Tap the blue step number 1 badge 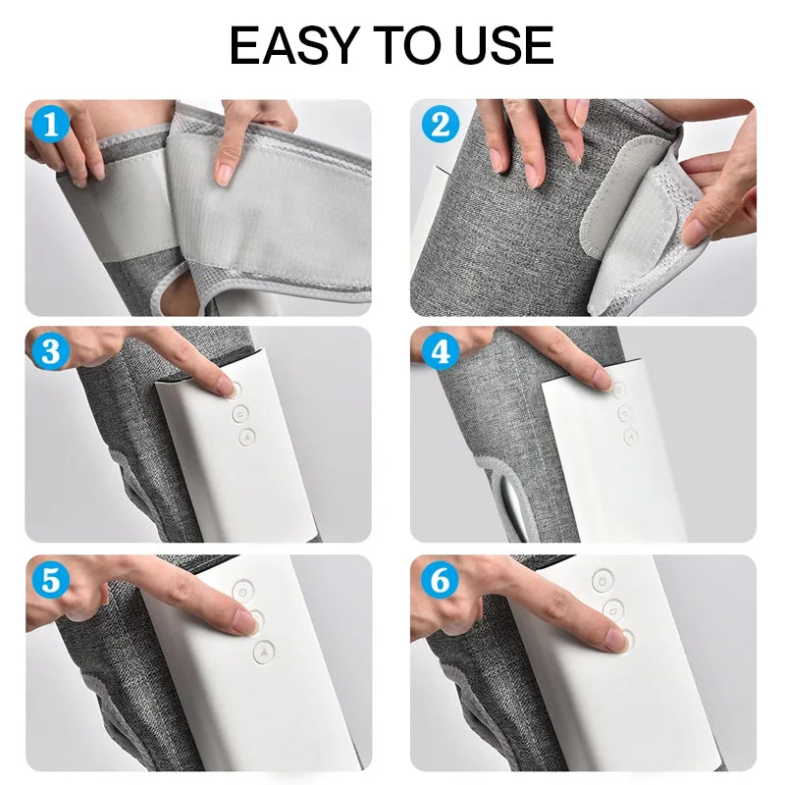[x=51, y=125]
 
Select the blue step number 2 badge [x=440, y=125]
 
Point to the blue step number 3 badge [x=51, y=351]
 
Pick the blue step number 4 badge [x=440, y=351]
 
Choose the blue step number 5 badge [x=51, y=580]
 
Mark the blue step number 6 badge [x=440, y=580]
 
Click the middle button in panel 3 [x=240, y=413]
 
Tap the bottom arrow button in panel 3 [x=247, y=437]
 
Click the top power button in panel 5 [x=242, y=591]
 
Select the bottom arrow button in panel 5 [x=264, y=653]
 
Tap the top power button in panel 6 [x=602, y=581]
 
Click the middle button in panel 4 [x=624, y=413]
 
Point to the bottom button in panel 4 [x=630, y=436]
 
